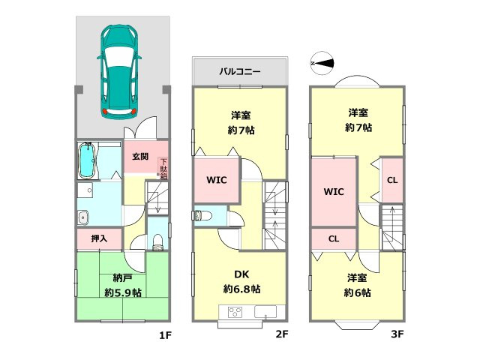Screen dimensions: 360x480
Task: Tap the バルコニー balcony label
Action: pos(239,73)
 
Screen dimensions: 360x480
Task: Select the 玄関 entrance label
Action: pos(140,157)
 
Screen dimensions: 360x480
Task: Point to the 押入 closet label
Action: pos(99,239)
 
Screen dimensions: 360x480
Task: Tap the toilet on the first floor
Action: pos(157,239)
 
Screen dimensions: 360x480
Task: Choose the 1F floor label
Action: pos(165,335)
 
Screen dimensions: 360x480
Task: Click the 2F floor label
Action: pos(281,335)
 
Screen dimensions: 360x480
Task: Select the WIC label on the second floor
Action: pos(216,181)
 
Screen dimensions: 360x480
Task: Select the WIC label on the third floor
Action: pos(333,191)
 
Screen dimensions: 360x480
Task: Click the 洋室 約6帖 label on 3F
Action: pos(358,285)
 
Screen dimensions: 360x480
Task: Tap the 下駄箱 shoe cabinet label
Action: pos(163,169)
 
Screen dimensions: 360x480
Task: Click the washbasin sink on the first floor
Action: pos(82,218)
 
